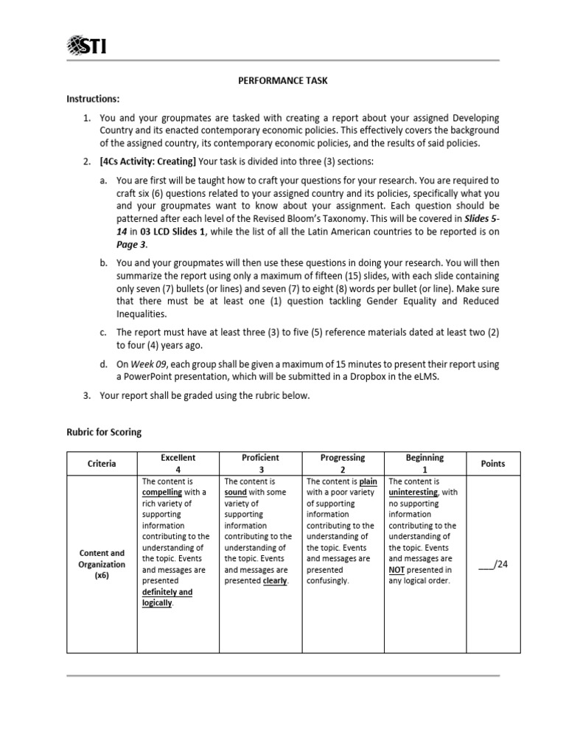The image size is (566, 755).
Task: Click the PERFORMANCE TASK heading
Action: click(x=283, y=80)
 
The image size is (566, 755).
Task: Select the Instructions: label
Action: click(x=93, y=99)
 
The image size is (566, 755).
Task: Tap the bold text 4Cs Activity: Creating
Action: click(x=148, y=161)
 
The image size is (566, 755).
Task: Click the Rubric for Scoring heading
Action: click(x=103, y=432)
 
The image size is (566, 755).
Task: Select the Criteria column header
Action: click(x=102, y=464)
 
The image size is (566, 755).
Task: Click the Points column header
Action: click(x=493, y=464)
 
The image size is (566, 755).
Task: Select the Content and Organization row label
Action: click(x=102, y=564)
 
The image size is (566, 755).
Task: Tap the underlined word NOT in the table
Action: click(x=396, y=569)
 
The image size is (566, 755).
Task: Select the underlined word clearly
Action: click(x=275, y=580)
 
